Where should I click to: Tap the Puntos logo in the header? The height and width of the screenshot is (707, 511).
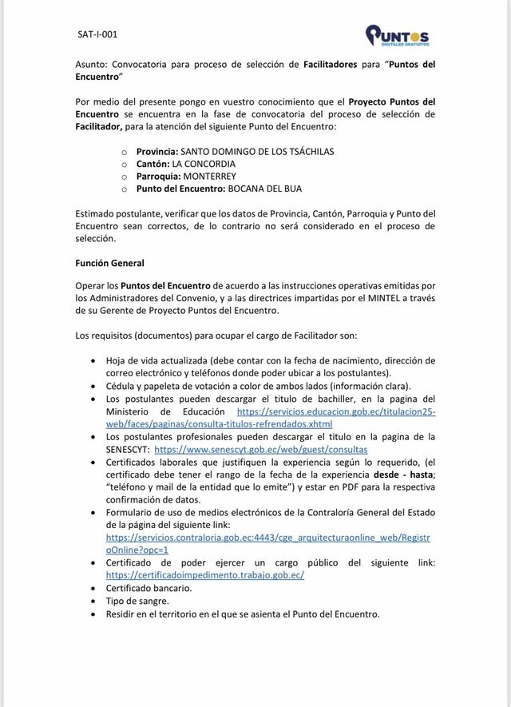[x=397, y=36]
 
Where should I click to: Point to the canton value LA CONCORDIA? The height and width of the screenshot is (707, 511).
[x=209, y=164]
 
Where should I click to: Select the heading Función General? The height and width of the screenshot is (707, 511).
[x=109, y=262]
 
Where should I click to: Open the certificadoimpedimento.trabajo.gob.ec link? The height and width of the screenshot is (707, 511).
[x=204, y=575]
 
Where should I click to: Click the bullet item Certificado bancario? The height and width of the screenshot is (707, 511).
[x=149, y=588]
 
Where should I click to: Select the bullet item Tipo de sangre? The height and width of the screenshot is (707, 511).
[x=137, y=601]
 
